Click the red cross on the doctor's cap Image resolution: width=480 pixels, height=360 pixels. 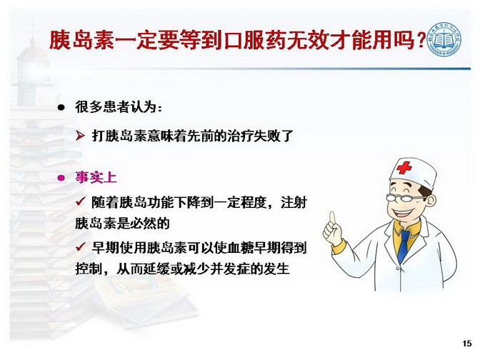404,168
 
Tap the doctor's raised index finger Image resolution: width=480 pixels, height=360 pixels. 332,219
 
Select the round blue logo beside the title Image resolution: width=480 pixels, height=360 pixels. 444,39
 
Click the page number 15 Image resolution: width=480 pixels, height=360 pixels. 467,344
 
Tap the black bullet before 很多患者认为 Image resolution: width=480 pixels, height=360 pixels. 61,107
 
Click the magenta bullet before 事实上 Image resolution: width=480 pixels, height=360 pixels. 61,178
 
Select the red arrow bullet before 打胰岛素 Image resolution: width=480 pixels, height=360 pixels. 80,135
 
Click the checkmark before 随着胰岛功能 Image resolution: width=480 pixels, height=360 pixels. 81,201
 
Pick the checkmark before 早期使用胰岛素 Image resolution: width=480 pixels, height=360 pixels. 81,246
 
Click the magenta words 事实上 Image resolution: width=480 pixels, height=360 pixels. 96,178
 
